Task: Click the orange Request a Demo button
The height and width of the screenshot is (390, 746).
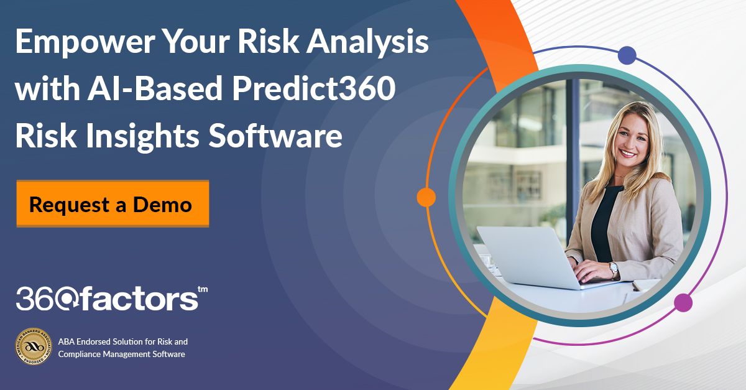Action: point(113,204)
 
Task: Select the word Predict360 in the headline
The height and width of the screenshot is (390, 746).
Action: point(318,90)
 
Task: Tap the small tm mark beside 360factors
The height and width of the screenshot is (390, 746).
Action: point(202,289)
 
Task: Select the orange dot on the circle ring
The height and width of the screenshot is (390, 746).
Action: point(426,197)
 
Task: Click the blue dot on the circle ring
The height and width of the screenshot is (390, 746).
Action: point(627,55)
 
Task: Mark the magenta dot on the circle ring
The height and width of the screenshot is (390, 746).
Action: point(683,303)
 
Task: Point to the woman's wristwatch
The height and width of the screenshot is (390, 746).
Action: point(614,269)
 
